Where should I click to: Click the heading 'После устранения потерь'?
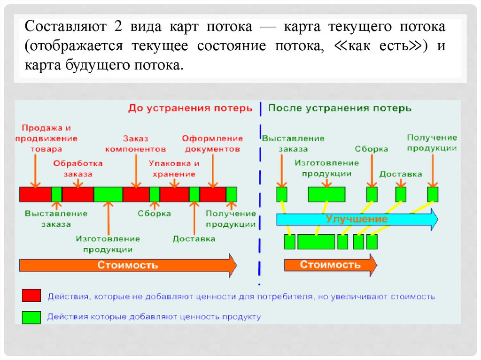click(340, 108)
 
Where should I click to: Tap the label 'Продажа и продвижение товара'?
click(46, 138)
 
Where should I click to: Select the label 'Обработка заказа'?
click(78, 169)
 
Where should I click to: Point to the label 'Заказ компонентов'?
click(135, 144)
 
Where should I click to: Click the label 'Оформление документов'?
click(212, 144)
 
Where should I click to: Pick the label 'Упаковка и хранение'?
click(174, 169)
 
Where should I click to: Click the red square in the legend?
click(31, 296)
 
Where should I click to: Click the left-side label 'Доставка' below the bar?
click(194, 239)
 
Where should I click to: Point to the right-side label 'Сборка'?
click(371, 149)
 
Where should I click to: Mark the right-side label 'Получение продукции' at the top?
click(432, 143)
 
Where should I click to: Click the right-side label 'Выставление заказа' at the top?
click(293, 144)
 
